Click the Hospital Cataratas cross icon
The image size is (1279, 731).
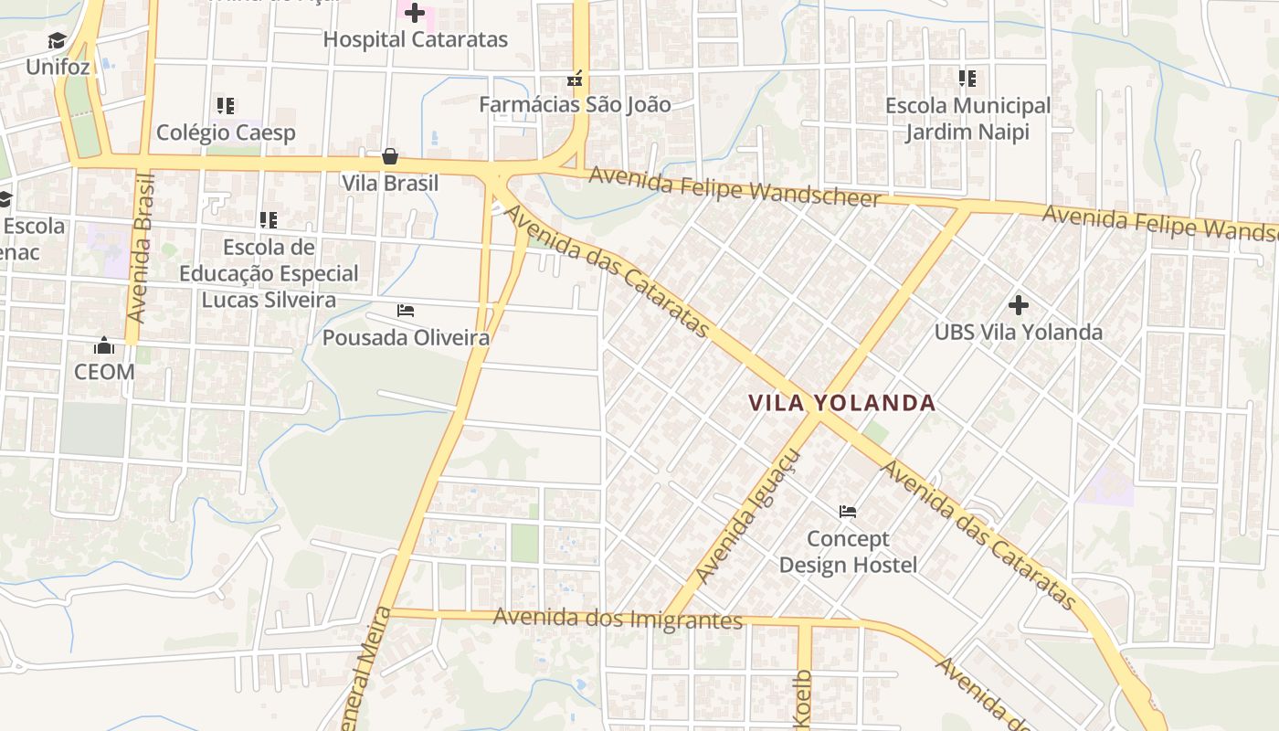coord(415,13)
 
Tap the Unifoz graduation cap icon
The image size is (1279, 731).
coord(58,41)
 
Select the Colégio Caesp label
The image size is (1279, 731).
coord(226,132)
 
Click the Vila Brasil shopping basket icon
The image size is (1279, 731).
coord(390,156)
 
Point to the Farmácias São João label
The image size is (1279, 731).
coord(575,104)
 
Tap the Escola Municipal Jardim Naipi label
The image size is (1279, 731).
coord(967,119)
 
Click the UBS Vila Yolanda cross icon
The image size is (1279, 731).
coord(1018,304)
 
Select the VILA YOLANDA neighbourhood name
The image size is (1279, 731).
coord(842,403)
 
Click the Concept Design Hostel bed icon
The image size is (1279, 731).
coord(848,511)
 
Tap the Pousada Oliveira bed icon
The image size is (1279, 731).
coord(406,311)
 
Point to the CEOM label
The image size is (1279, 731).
coord(104,372)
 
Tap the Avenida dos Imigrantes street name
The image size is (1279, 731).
coord(618,619)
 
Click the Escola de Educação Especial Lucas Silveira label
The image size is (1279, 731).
coord(269,273)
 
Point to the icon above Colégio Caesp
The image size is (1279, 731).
coord(226,106)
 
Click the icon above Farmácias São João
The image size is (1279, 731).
coord(575,79)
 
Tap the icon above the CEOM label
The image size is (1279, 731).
coord(104,345)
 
